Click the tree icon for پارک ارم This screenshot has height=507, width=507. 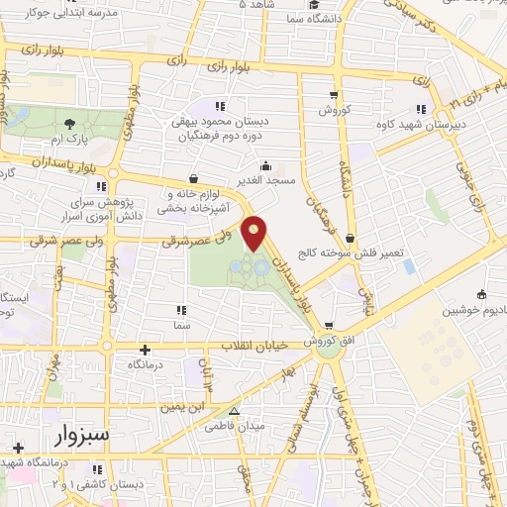[x=70, y=124]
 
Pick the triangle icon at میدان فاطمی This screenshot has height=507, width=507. [x=235, y=411]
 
